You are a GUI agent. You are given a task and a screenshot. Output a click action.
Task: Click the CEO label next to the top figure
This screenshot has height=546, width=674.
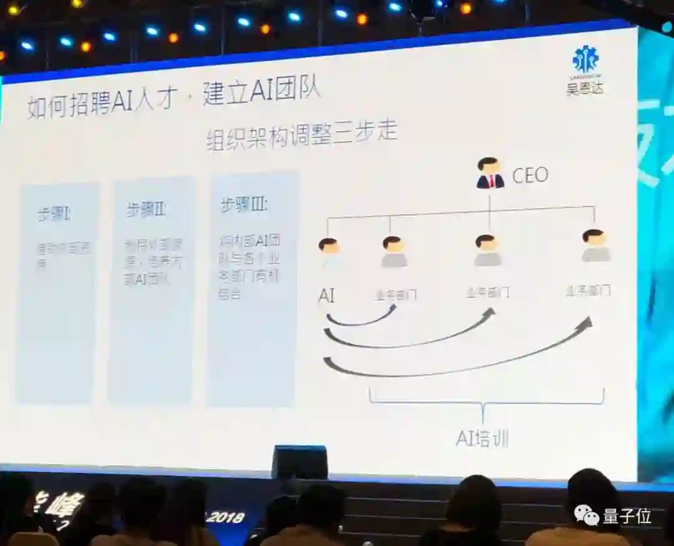[530, 175]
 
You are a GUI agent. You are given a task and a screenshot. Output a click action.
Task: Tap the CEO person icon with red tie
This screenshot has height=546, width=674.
[490, 173]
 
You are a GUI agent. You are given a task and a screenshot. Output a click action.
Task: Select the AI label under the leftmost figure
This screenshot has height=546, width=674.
[326, 295]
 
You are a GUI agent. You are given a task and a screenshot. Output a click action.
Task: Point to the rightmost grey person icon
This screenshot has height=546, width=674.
[595, 246]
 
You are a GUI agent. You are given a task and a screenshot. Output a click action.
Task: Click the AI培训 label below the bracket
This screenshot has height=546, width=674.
[482, 439]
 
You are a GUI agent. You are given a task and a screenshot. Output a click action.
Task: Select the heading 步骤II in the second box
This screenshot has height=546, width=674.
[145, 210]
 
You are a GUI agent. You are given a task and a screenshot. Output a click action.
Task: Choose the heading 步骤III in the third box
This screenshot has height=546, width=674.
[244, 205]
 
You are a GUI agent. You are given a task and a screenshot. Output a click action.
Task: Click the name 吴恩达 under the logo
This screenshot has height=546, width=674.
[585, 87]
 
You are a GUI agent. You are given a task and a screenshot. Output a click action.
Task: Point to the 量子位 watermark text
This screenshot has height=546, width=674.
[627, 516]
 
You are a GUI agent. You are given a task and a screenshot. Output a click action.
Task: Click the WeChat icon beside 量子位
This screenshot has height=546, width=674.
[587, 515]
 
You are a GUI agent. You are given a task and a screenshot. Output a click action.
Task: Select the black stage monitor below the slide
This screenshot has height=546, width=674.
[300, 462]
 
